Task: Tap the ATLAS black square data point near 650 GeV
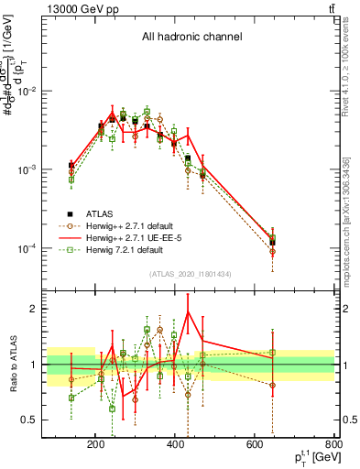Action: tap(272, 243)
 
